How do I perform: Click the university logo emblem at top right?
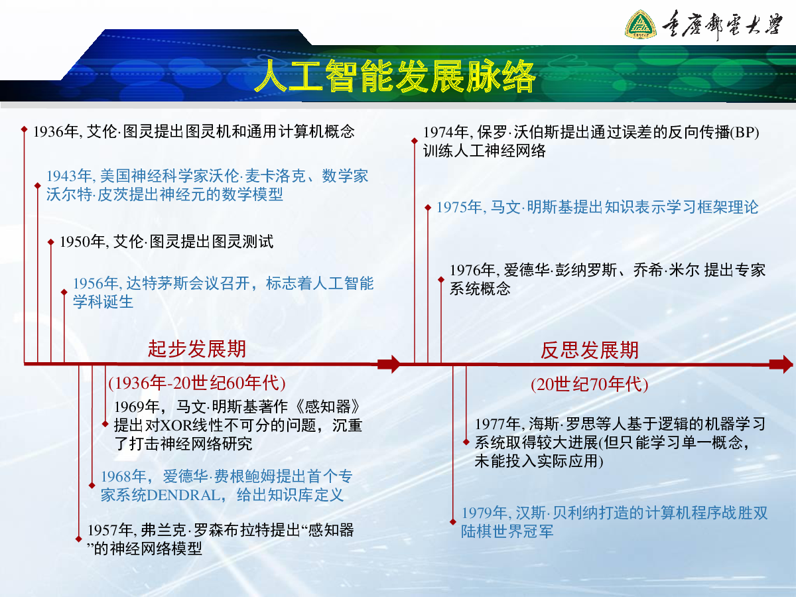click(640, 25)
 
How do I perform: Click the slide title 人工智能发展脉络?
click(395, 76)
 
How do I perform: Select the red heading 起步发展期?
click(197, 349)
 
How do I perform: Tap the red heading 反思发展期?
click(590, 350)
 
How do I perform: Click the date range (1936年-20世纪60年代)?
click(197, 383)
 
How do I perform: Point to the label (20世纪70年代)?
click(590, 384)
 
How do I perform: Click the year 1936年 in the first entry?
click(56, 131)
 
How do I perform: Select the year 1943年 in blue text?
click(68, 176)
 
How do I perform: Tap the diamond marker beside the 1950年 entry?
click(51, 242)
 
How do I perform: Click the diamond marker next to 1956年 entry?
click(64, 292)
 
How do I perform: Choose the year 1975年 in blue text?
click(459, 208)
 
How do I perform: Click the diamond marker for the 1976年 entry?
click(441, 279)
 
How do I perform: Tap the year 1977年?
click(497, 424)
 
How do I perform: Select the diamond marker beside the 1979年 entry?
click(453, 522)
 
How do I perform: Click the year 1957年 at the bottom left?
click(109, 531)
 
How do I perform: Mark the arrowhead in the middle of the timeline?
click(389, 364)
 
